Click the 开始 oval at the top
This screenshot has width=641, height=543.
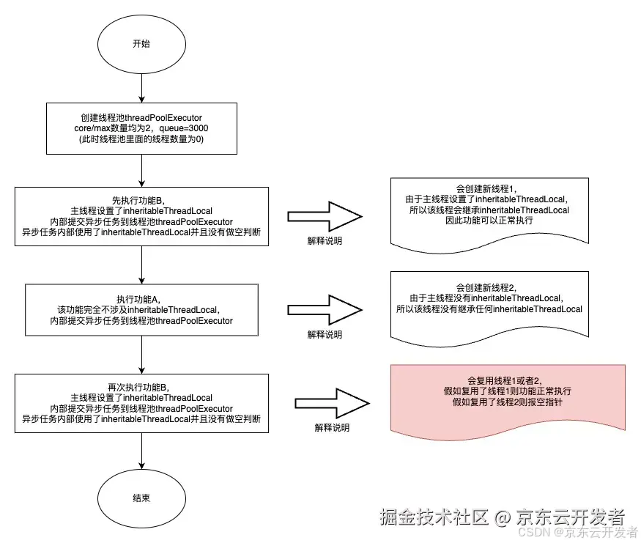pyautogui.click(x=141, y=43)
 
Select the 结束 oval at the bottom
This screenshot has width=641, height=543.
pyautogui.click(x=141, y=498)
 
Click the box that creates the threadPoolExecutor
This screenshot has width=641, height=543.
pyautogui.click(x=141, y=128)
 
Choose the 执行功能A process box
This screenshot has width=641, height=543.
pyautogui.click(x=141, y=311)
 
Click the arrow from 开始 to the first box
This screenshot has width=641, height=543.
pyautogui.click(x=141, y=88)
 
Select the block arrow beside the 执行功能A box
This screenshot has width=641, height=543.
pyautogui.click(x=324, y=311)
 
